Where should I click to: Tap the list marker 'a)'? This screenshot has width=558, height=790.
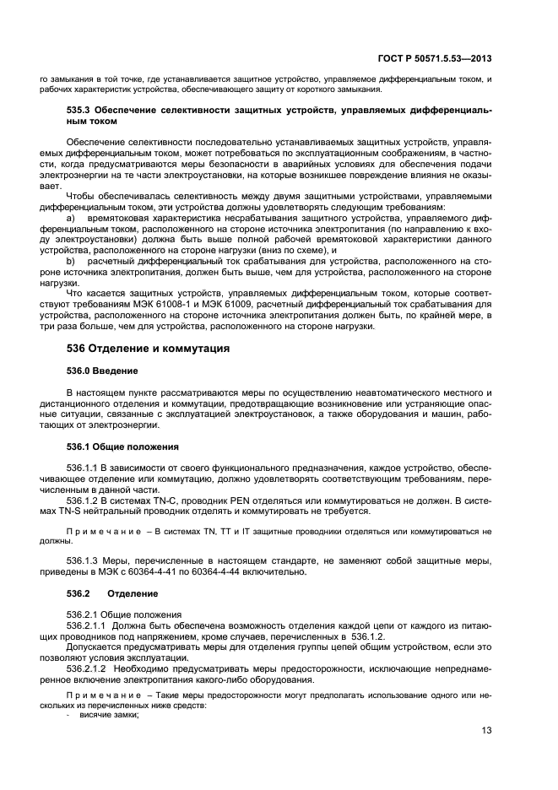click(x=71, y=217)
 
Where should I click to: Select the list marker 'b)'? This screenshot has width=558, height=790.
click(x=71, y=262)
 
